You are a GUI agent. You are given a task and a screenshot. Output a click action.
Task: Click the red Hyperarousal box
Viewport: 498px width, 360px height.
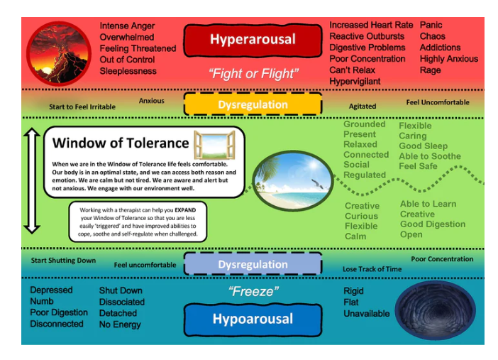tap(253, 40)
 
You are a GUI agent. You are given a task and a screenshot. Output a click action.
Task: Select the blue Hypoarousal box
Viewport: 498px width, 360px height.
tap(252, 320)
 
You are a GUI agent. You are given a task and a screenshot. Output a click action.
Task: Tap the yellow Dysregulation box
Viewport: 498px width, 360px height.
tap(253, 104)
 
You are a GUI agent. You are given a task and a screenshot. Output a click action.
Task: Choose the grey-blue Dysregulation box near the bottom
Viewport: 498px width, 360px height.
tap(253, 264)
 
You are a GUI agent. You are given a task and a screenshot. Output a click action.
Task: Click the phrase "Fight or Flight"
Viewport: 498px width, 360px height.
tap(252, 73)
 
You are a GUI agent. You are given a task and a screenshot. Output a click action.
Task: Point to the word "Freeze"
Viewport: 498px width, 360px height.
tap(253, 291)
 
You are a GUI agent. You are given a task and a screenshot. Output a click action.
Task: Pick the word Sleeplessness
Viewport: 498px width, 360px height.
tap(128, 71)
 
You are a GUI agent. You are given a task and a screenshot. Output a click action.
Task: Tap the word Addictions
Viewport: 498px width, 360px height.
tap(440, 48)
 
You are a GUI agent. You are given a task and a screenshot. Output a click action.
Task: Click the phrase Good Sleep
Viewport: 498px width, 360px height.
tap(423, 146)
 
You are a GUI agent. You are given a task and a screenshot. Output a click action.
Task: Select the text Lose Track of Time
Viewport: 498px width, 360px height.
tap(372, 269)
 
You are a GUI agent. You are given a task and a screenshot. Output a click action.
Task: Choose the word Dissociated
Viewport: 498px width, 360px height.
tap(121, 302)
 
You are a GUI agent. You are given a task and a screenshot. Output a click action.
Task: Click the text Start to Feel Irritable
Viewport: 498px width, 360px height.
tap(82, 107)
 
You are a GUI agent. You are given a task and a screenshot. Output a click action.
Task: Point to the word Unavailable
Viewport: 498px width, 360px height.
tap(367, 313)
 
